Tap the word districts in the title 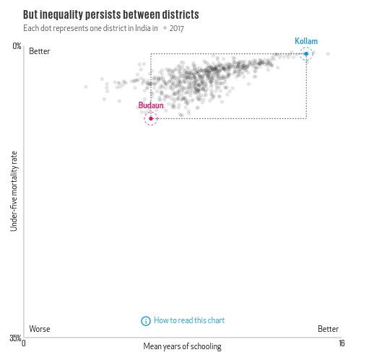tap(180, 14)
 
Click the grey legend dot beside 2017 tap(165, 28)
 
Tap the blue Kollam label tap(305, 41)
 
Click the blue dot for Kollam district tap(306, 53)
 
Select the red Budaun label tap(150, 105)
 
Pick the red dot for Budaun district tap(151, 118)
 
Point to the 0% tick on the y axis tap(17, 46)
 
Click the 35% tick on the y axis tap(15, 338)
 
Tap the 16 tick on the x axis tap(341, 343)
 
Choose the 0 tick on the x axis tap(25, 344)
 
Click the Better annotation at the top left tap(40, 51)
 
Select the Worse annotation tap(40, 329)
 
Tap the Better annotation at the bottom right tap(328, 329)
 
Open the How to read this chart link tap(189, 320)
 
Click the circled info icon tap(146, 320)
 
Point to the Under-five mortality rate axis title tap(14, 191)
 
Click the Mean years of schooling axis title tap(182, 346)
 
